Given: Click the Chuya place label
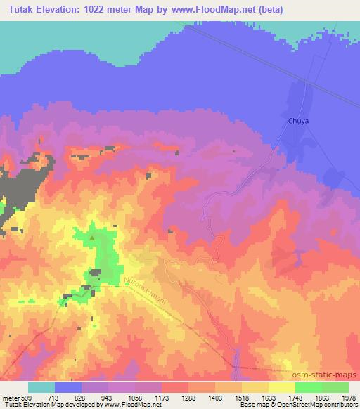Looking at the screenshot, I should pos(299,120).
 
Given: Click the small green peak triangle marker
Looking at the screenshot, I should pos(93,238).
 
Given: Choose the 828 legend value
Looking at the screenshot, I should pos(82,396).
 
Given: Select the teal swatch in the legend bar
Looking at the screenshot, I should pos(41,387).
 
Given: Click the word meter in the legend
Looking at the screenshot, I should pos(8,396).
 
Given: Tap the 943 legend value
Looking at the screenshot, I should pos(108,396).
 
